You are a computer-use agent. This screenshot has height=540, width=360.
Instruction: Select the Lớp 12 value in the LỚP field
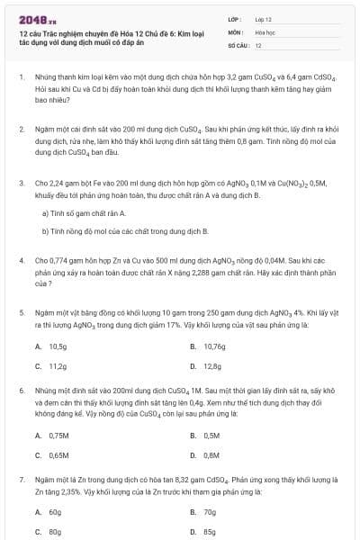[263, 19]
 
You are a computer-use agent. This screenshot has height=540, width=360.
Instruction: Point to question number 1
[22, 77]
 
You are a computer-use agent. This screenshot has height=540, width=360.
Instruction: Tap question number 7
[22, 481]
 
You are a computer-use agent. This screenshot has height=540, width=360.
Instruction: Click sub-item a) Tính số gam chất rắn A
[85, 212]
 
